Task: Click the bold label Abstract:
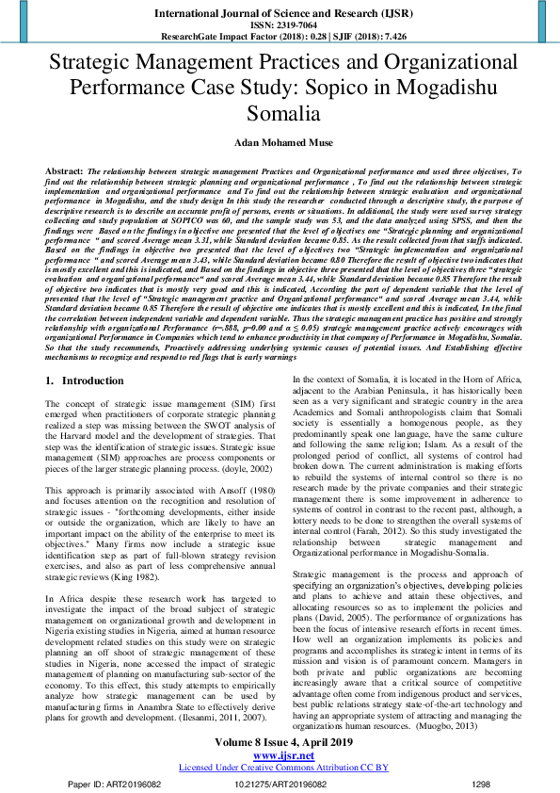pyautogui.click(x=63, y=172)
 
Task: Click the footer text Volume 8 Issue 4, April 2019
pyautogui.click(x=280, y=744)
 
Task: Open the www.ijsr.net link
pyautogui.click(x=280, y=755)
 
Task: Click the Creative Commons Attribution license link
pyautogui.click(x=280, y=766)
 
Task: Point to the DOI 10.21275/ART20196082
pyautogui.click(x=280, y=783)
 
